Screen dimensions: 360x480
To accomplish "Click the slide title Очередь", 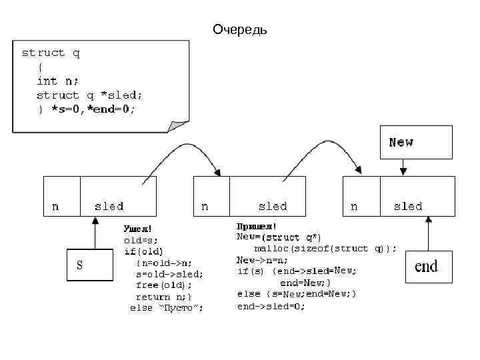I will pos(239,30).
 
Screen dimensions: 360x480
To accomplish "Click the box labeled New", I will pos(416,142).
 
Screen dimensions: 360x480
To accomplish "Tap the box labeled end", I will pos(429,267).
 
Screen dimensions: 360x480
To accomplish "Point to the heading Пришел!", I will pos(257,227).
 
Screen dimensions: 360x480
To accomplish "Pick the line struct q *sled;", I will pos(89,95).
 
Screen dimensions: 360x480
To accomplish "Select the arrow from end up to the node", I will pos(429,233).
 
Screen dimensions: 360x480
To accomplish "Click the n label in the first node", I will pos(55,206).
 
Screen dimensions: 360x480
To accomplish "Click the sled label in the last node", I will pos(408,206).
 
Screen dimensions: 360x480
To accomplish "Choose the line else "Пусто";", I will pos(167,307).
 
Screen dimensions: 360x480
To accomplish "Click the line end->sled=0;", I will pos(271,306).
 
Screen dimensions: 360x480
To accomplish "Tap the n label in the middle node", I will pos(205,206).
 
